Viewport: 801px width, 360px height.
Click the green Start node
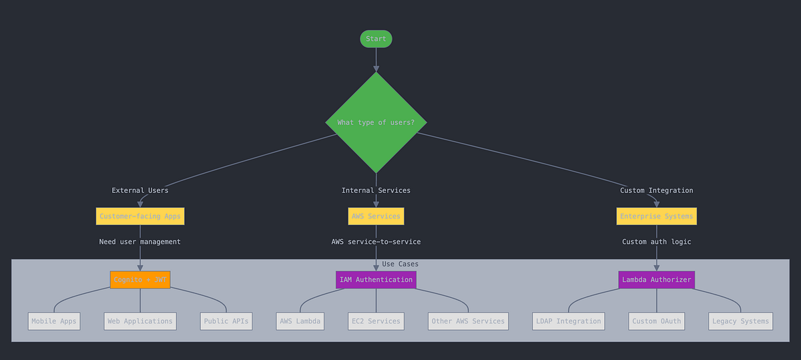(x=376, y=39)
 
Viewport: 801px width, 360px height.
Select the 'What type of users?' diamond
(x=376, y=122)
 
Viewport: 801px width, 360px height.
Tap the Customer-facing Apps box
(x=140, y=216)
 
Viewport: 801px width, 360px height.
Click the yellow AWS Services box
(x=376, y=216)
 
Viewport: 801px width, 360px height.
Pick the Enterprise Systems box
(x=656, y=216)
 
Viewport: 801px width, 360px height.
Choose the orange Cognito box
(x=140, y=280)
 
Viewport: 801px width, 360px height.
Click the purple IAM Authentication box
(x=376, y=280)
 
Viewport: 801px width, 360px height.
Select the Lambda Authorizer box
(x=656, y=280)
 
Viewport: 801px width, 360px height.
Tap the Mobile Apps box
(x=54, y=321)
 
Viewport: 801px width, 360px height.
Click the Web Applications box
(x=140, y=321)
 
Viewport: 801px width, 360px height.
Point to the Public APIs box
(x=226, y=321)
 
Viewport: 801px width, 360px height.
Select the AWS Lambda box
(x=300, y=321)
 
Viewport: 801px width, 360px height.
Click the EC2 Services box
(x=376, y=321)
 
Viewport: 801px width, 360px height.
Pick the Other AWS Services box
(x=468, y=321)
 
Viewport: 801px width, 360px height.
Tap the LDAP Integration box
(x=569, y=321)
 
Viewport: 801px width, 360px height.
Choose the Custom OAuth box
(x=656, y=321)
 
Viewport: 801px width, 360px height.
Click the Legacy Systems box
(x=740, y=321)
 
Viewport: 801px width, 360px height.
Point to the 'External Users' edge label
(x=140, y=190)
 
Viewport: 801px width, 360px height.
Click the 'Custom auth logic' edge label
(x=656, y=242)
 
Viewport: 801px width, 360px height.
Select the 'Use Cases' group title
(x=400, y=264)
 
